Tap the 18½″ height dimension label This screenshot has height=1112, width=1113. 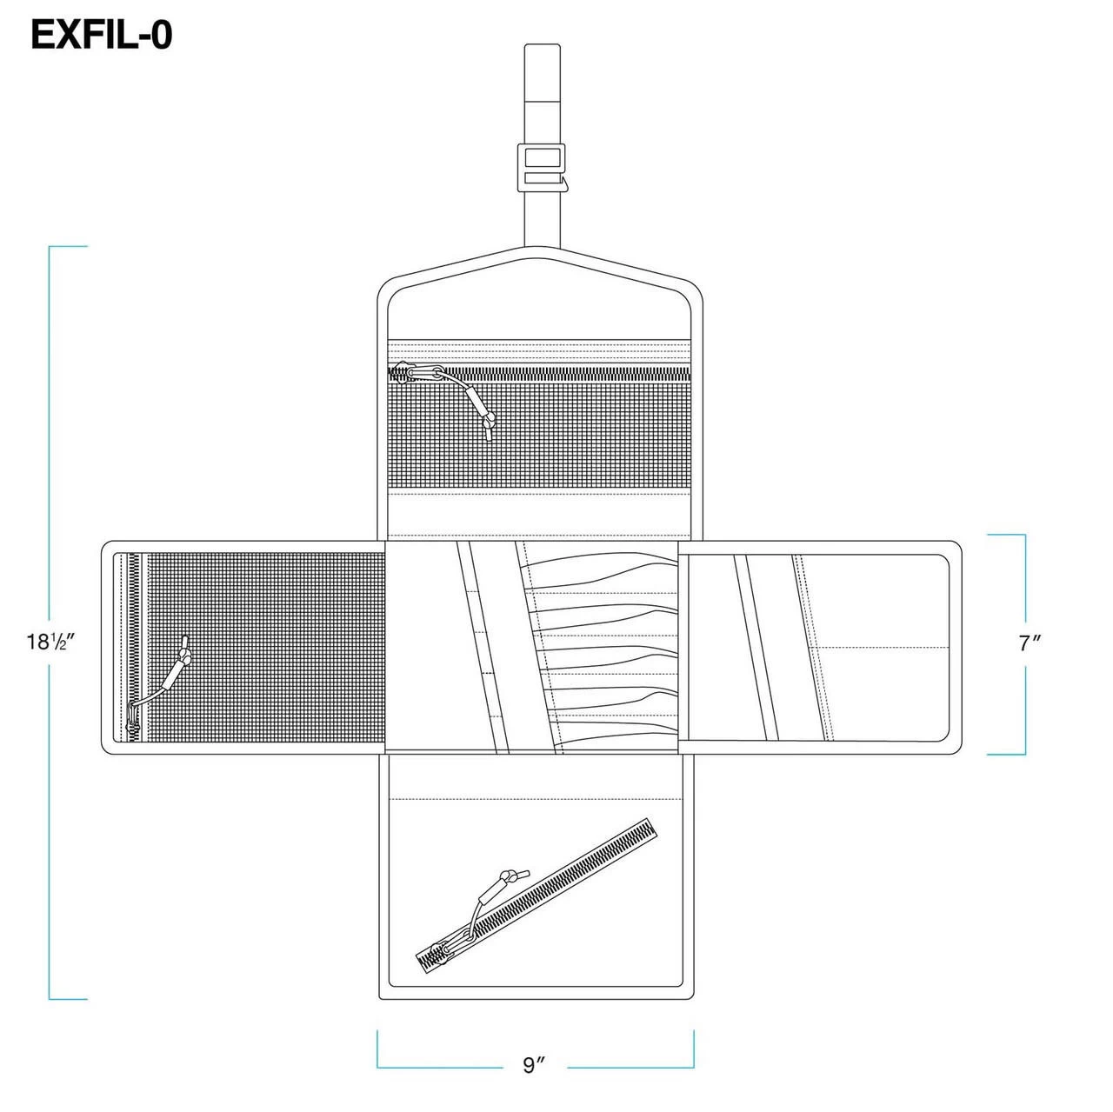pos(54,643)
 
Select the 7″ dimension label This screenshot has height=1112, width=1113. pos(1030,643)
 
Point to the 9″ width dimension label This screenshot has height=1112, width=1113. pos(534,1065)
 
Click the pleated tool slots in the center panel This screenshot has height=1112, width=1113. pos(609,643)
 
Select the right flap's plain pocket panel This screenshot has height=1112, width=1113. pos(878,643)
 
